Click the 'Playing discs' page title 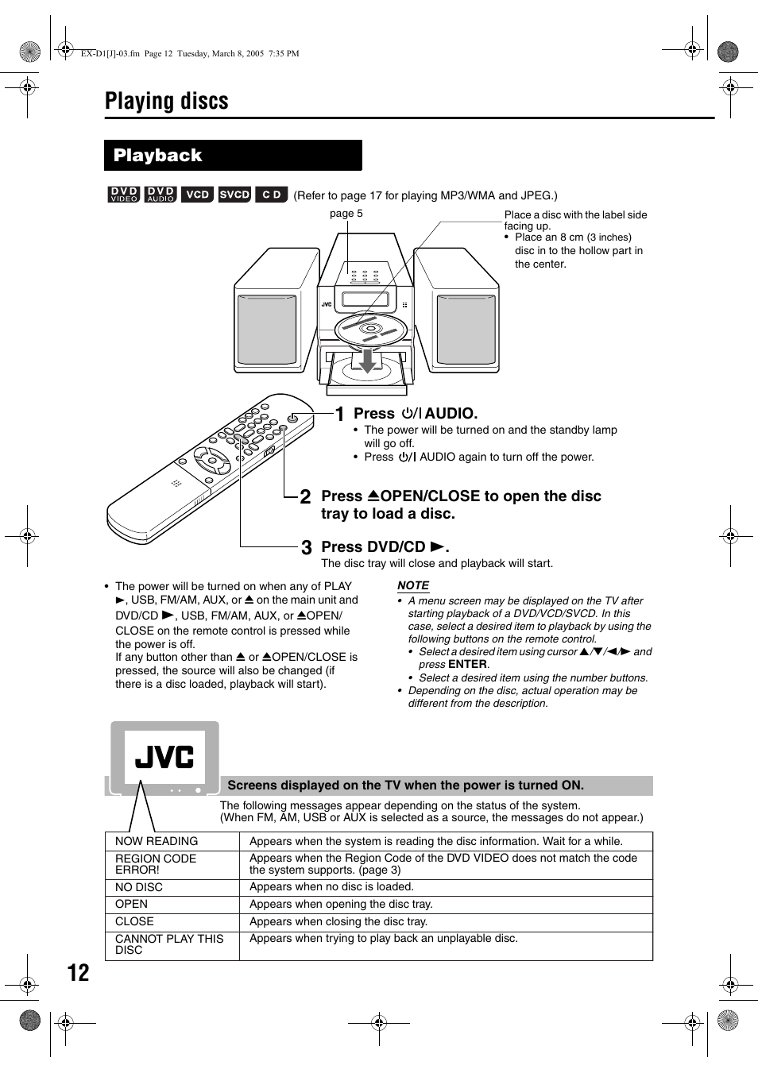click(167, 102)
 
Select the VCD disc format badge click(197, 195)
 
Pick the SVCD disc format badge click(234, 195)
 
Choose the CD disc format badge click(271, 195)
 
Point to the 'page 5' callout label click(346, 214)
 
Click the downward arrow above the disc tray click(366, 359)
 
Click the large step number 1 click(339, 415)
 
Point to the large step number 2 click(306, 498)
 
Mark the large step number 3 click(306, 548)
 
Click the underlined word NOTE click(413, 585)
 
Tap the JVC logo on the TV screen click(164, 757)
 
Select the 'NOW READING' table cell click(157, 841)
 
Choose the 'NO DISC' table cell click(139, 887)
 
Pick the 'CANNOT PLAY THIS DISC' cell click(169, 944)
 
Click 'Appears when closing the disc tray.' click(338, 921)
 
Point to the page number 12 click(78, 973)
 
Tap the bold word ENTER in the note click(467, 664)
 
